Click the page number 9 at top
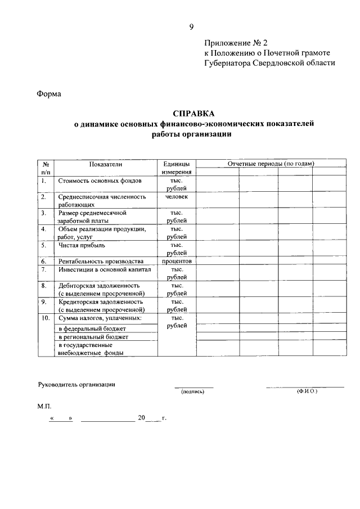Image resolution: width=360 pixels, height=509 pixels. (x=192, y=27)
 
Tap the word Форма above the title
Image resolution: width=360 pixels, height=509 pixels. (x=49, y=94)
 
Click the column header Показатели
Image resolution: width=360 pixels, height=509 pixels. (x=105, y=164)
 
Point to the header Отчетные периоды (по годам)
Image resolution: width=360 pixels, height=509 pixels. (x=271, y=164)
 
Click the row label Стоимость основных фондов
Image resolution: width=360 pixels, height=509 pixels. (x=100, y=181)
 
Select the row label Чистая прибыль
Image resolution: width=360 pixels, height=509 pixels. (x=82, y=245)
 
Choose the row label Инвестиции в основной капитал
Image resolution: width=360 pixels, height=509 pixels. (x=105, y=269)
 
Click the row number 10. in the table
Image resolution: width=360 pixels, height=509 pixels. (x=46, y=318)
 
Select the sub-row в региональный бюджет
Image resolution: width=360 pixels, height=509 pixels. (x=93, y=336)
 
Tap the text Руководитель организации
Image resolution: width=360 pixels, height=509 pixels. (x=76, y=384)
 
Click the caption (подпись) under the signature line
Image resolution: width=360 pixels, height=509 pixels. (x=192, y=391)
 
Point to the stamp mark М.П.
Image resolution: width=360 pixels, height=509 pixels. (x=44, y=405)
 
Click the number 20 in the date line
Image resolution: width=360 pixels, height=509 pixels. (x=141, y=418)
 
